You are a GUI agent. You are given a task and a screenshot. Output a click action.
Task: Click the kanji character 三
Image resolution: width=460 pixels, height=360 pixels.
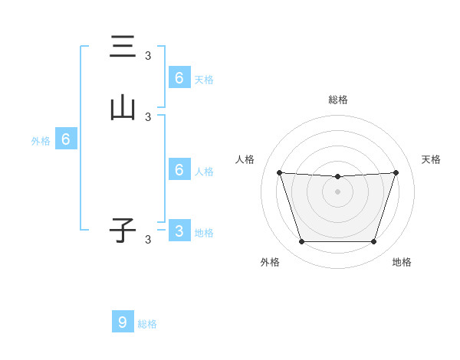[123, 46]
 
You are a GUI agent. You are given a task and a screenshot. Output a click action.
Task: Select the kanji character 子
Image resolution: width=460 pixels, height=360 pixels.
[123, 230]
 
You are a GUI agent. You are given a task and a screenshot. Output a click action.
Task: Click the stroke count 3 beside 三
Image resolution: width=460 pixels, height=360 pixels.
[148, 55]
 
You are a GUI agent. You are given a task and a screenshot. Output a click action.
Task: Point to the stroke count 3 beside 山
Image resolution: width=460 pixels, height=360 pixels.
[148, 116]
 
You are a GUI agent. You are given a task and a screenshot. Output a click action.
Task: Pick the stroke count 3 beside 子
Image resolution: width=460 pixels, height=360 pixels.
[148, 240]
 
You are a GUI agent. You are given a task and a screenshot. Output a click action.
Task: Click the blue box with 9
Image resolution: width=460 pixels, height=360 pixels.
[123, 322]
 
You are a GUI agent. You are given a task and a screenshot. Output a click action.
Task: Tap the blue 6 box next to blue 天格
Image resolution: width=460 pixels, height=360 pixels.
[179, 78]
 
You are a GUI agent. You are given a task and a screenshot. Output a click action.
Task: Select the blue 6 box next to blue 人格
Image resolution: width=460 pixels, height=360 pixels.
[179, 170]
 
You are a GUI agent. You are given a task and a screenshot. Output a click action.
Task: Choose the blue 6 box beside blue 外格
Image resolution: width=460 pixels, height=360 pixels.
[66, 140]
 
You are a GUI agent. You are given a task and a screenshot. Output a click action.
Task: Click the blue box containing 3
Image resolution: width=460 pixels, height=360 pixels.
[179, 231]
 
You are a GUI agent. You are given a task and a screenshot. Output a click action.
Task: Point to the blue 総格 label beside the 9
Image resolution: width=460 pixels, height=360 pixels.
[147, 324]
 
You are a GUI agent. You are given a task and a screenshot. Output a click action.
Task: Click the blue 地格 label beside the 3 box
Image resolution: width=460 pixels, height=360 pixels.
[204, 233]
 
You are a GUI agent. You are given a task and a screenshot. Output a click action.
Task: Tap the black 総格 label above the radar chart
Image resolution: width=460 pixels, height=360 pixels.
[338, 100]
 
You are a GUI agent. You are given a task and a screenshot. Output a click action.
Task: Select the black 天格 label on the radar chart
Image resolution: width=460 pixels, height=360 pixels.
[432, 159]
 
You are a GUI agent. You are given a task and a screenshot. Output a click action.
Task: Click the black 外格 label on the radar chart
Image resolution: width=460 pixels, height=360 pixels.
[270, 262]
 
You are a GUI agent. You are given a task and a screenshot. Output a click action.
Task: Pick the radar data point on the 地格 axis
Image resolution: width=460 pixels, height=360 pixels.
[374, 242]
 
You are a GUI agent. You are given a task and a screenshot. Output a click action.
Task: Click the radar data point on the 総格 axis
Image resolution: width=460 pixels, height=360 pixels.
[338, 177]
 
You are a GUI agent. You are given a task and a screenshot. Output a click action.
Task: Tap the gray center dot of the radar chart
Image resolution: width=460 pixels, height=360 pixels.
[338, 191]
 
